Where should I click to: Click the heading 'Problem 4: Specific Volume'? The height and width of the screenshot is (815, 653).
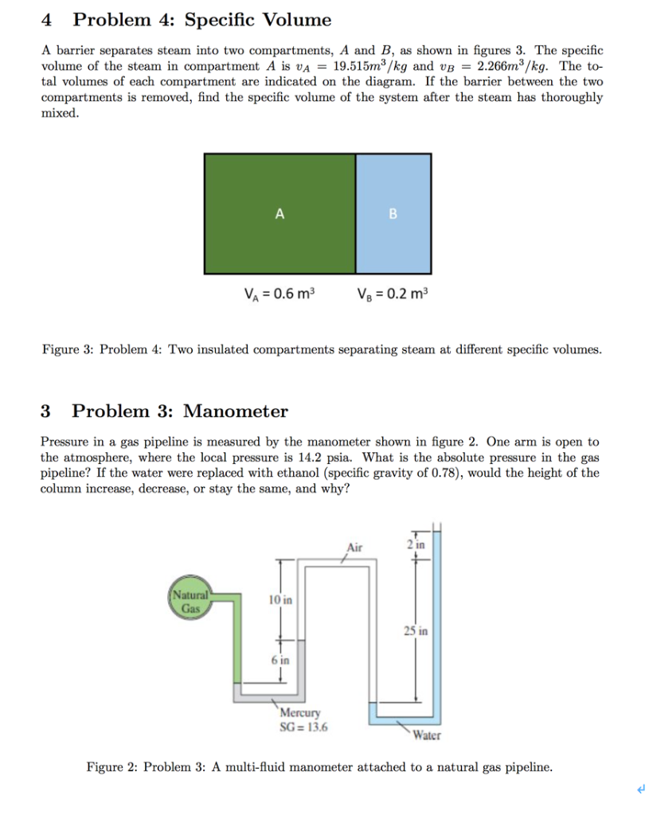click(x=201, y=20)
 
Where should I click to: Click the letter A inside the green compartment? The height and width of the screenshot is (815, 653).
click(x=279, y=213)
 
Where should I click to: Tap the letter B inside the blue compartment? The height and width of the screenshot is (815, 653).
click(x=392, y=213)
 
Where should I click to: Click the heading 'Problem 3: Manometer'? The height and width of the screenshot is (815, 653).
click(x=180, y=411)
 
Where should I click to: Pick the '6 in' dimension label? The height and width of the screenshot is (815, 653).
click(x=280, y=660)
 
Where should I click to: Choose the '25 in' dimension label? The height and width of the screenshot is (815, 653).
click(x=416, y=631)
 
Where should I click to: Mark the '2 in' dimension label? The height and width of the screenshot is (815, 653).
click(x=415, y=544)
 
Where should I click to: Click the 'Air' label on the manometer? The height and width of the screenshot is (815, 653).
click(x=354, y=547)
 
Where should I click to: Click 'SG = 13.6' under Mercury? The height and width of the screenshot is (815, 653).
click(x=306, y=726)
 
